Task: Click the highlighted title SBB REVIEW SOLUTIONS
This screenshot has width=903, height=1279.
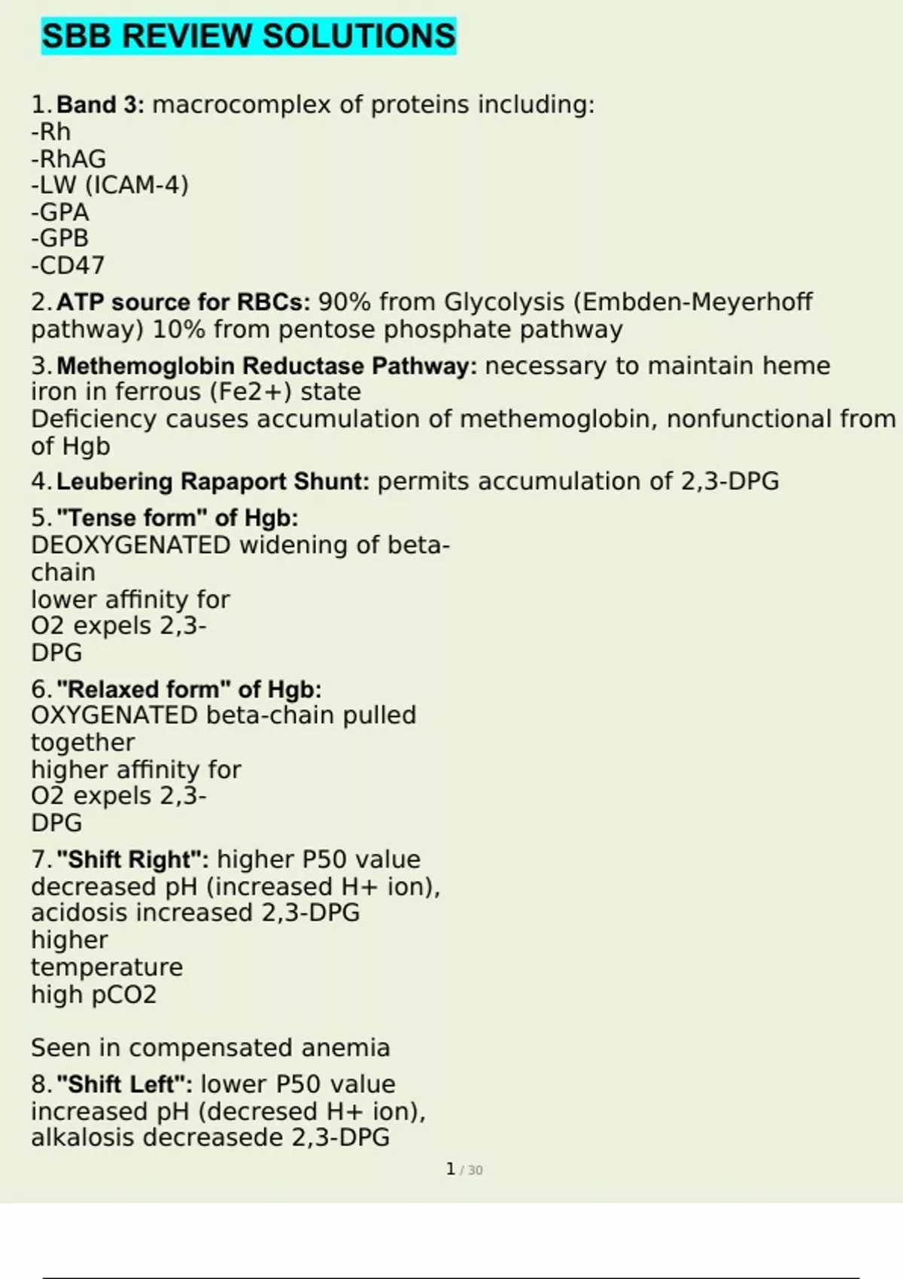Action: tap(248, 36)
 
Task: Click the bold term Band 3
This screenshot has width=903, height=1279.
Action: tap(99, 105)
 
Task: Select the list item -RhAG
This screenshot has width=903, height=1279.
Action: tap(68, 159)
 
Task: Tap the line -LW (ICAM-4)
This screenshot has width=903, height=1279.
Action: tap(110, 185)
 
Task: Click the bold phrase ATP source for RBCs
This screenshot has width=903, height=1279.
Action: tap(183, 302)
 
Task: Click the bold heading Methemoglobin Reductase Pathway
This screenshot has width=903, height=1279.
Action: tap(266, 366)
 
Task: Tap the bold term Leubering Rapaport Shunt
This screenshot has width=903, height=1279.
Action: tap(213, 482)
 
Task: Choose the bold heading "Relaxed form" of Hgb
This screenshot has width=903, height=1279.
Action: tap(189, 689)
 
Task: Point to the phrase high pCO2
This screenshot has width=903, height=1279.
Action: tap(94, 995)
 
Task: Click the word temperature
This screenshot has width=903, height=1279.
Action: tap(107, 967)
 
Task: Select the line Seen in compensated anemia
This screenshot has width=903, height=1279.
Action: tap(211, 1047)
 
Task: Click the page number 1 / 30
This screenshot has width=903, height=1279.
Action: tap(464, 1169)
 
